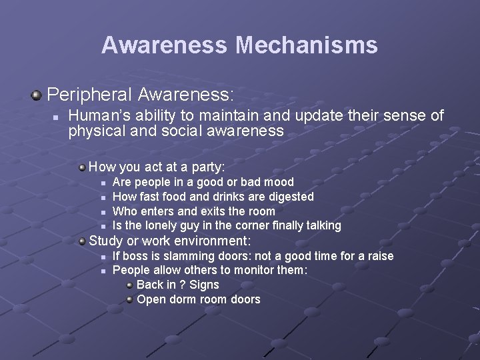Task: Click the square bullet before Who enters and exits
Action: [103, 212]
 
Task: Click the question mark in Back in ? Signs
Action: [182, 285]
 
